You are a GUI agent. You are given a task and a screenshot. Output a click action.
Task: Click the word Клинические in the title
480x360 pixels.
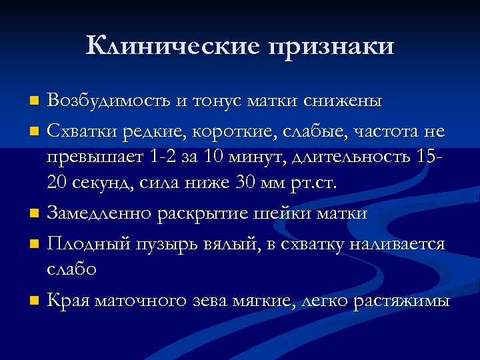(x=173, y=46)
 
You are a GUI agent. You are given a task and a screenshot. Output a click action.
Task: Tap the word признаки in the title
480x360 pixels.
(x=331, y=47)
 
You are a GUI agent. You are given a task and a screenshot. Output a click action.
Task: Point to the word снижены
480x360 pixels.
(x=343, y=101)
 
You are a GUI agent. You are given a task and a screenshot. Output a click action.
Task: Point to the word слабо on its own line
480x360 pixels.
(x=71, y=269)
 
